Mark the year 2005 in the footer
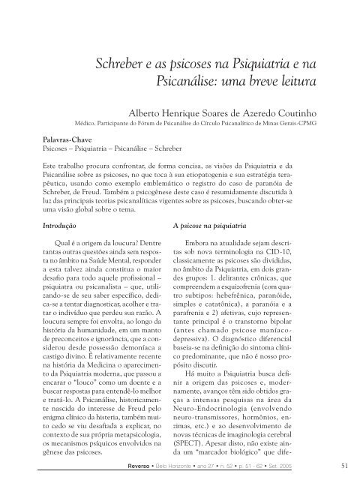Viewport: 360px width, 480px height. (x=317, y=467)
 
